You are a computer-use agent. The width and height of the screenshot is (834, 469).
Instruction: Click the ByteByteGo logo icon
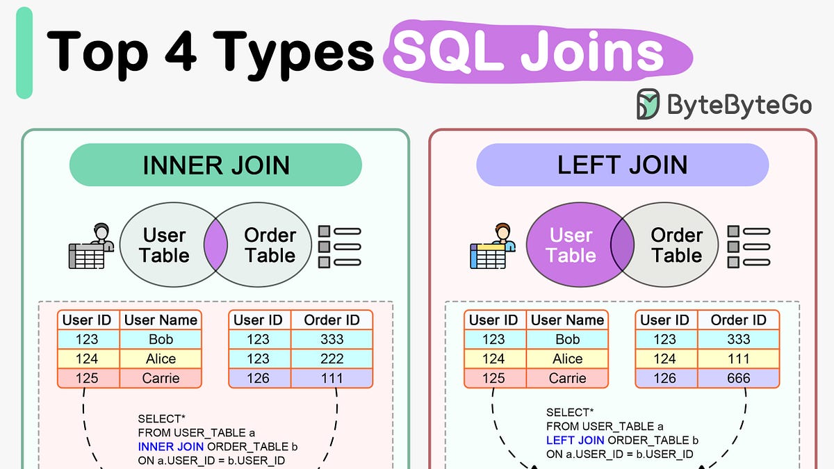tap(648, 104)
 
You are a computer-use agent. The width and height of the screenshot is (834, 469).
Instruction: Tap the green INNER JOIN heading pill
tap(215, 165)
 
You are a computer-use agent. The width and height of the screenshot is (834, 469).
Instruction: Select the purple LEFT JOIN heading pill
tap(622, 165)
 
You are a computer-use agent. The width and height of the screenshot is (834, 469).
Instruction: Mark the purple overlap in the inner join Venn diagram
tap(215, 245)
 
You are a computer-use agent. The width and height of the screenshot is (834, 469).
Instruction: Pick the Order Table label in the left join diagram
tap(676, 245)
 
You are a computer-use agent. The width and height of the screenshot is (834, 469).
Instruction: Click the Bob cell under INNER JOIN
tap(161, 340)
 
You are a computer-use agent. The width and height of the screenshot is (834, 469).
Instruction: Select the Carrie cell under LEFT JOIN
tap(567, 378)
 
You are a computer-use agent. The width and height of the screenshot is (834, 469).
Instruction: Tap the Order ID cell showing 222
tap(332, 359)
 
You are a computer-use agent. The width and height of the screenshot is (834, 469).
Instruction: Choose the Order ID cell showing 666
tap(738, 378)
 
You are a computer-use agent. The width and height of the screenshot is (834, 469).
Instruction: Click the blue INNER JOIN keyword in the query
tap(170, 447)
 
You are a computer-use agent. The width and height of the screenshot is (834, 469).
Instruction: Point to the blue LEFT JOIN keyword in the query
tap(575, 441)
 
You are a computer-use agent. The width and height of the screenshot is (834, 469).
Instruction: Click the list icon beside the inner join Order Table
tap(340, 247)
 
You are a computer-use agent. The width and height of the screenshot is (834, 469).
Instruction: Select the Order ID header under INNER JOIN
tap(332, 320)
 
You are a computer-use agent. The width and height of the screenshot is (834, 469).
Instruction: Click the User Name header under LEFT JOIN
tap(567, 320)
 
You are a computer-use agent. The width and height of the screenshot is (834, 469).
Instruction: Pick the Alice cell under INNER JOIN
tap(161, 359)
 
